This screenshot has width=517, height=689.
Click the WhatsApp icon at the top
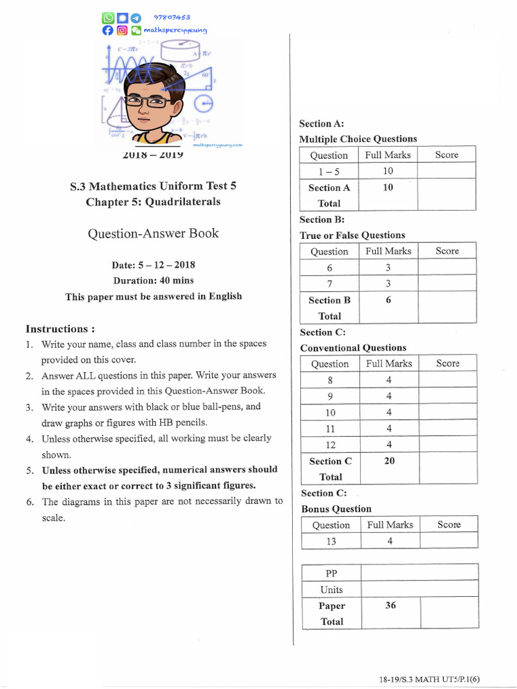[x=108, y=18]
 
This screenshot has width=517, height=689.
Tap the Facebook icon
[x=108, y=30]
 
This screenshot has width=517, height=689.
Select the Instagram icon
[x=122, y=30]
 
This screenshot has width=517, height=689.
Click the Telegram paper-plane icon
[x=136, y=18]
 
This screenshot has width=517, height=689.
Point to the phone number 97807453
[x=172, y=17]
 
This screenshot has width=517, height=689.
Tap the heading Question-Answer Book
[x=153, y=233]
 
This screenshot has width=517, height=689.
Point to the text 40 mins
[x=174, y=280]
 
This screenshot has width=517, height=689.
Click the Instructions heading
[x=60, y=329]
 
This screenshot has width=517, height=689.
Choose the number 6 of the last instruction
[x=30, y=501]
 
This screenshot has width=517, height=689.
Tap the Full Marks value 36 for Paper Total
[x=390, y=605]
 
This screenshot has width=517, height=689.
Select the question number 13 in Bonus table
[x=331, y=540]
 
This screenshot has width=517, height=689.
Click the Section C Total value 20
[x=389, y=461]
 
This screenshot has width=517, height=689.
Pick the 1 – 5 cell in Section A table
[x=329, y=172]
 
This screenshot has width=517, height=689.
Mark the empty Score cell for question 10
[x=447, y=412]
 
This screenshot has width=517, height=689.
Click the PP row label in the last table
[x=331, y=573]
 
